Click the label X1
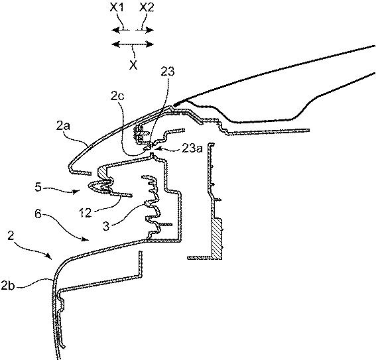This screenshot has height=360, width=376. pyautogui.click(x=117, y=8)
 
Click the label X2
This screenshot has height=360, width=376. pyautogui.click(x=147, y=8)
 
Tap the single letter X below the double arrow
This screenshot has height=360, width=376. pyautogui.click(x=133, y=65)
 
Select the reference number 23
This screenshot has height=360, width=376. pyautogui.click(x=167, y=72)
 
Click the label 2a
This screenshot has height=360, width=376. pyautogui.click(x=63, y=126)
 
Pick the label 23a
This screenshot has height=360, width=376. pyautogui.click(x=192, y=149)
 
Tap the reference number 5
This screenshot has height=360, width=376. pyautogui.click(x=38, y=187)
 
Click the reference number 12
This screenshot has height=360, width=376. pyautogui.click(x=86, y=213)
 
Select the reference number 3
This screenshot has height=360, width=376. pyautogui.click(x=106, y=226)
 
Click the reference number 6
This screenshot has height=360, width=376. pyautogui.click(x=38, y=213)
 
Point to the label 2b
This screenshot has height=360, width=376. pyautogui.click(x=8, y=286)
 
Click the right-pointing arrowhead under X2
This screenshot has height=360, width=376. pyautogui.click(x=149, y=30)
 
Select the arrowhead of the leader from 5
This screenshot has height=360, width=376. pyautogui.click(x=77, y=191)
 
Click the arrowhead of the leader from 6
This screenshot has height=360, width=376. pyautogui.click(x=86, y=239)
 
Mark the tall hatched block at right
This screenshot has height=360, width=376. pyautogui.click(x=217, y=239)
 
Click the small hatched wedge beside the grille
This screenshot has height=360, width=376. pyautogui.click(x=102, y=173)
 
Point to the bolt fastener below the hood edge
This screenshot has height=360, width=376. pyautogui.click(x=139, y=133)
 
